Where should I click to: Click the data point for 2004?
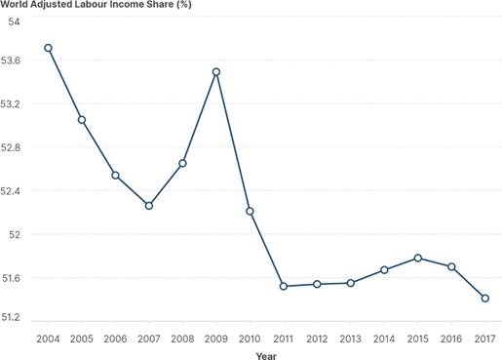[48, 48]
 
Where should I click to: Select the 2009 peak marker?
[216, 71]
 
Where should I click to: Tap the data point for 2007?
[149, 205]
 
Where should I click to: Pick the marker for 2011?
[284, 286]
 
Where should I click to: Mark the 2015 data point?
[418, 258]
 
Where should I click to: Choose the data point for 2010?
[250, 211]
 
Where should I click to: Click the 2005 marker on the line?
[82, 120]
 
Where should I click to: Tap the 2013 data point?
[351, 283]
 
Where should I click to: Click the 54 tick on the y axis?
[16, 20]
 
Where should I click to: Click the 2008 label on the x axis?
[182, 337]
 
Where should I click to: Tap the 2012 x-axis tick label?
[317, 337]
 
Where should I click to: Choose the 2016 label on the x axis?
[451, 337]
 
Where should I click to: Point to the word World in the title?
[16, 6]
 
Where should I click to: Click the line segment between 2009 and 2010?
[233, 141]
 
